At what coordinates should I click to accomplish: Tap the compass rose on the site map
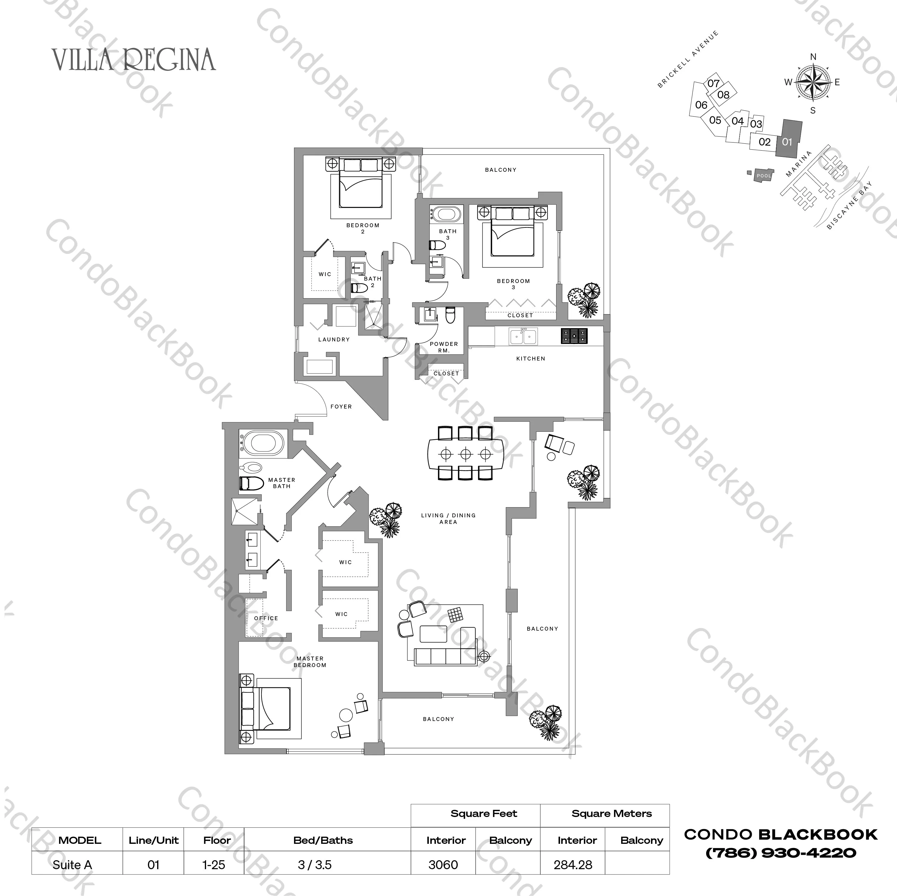point(813,83)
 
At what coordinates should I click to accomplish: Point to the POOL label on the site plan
point(764,176)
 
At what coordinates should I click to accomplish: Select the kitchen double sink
point(523,336)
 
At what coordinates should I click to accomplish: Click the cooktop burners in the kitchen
point(574,336)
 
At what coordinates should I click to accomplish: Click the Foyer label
point(341,406)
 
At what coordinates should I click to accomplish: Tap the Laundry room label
point(334,339)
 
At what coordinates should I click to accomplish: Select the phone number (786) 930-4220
point(780,853)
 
